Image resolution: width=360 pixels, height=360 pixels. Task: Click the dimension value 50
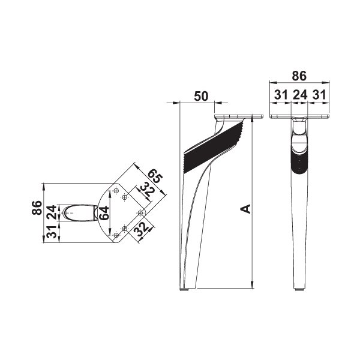tap(201, 96)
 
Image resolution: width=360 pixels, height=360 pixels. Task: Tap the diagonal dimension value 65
tap(155, 176)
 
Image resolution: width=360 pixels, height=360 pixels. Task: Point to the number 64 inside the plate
tap(104, 213)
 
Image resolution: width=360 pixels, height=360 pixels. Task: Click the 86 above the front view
tap(299, 76)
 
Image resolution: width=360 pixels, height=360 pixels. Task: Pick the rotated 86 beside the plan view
tap(37, 208)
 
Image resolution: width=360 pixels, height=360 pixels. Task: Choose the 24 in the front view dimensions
tap(299, 95)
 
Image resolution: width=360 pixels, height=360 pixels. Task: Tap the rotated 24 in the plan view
tap(51, 212)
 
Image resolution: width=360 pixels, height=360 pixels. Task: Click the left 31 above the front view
tap(281, 95)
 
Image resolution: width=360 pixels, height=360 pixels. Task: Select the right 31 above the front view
tap(319, 95)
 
